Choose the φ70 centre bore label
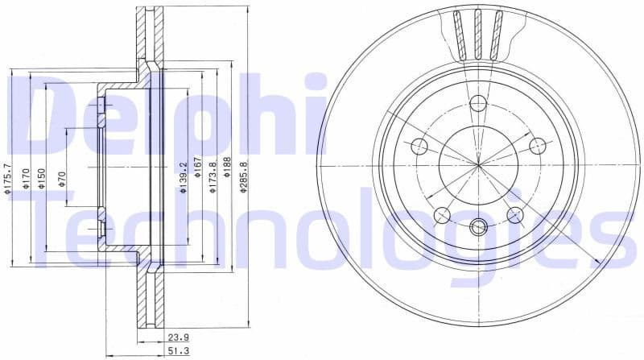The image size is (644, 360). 62,179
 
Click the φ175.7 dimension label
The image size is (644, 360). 8,179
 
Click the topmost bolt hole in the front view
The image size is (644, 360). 478,103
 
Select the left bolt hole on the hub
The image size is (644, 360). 419,146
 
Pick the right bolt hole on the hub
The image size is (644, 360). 538,146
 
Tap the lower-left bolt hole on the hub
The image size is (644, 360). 442,215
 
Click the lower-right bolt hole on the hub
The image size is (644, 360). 515,215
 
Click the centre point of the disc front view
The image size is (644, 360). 478,165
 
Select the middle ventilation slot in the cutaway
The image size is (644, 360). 478,34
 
